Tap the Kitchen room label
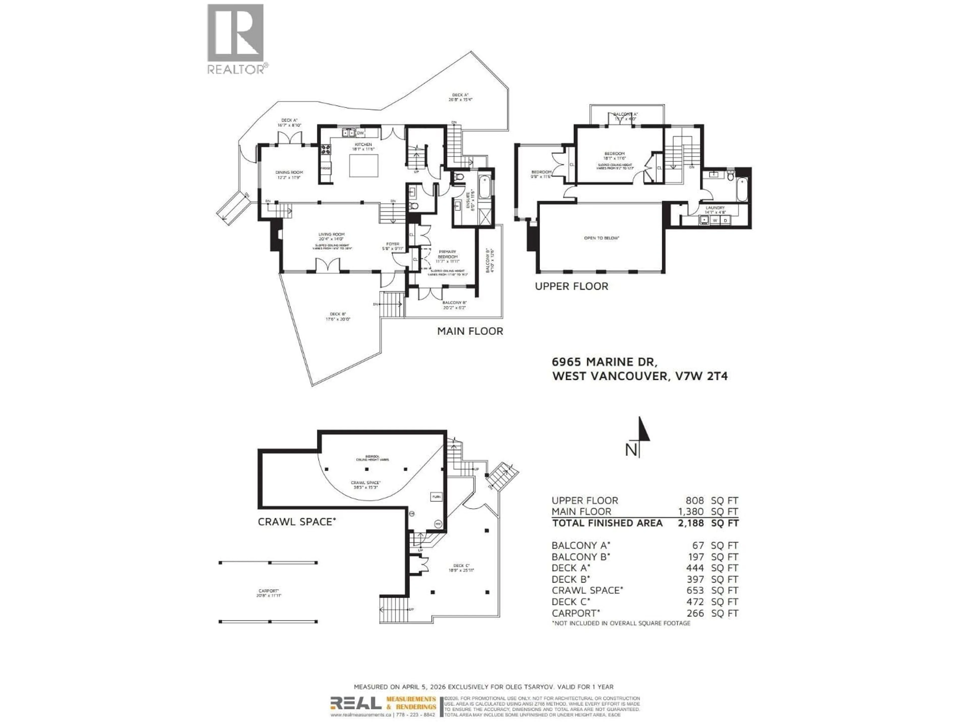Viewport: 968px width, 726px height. point(363,144)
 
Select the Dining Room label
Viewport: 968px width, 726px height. point(289,172)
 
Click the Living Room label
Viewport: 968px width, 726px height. point(332,234)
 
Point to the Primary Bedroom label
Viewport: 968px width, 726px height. point(448,254)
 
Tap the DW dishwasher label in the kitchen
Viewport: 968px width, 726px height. point(360,133)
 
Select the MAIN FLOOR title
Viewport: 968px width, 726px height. point(470,331)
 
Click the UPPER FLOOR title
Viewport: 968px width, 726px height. point(571,287)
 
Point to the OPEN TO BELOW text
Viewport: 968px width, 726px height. point(602,238)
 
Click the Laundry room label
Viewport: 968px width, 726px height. point(715,208)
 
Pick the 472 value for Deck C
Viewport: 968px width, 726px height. point(695,602)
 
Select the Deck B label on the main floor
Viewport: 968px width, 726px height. point(338,314)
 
